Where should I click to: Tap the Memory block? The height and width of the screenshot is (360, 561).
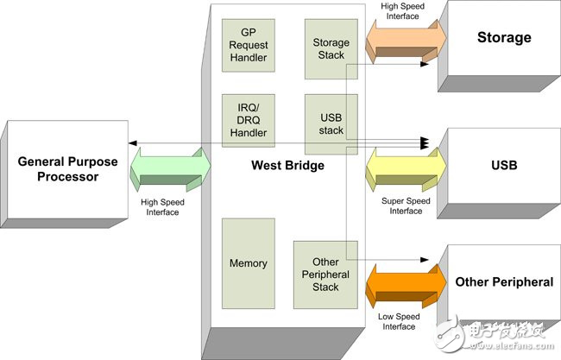pos(249,262)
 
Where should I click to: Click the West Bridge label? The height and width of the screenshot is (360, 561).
pos(288,165)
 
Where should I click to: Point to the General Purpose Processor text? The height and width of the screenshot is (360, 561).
pos(58,168)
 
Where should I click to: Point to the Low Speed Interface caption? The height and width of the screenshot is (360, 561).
pos(398,322)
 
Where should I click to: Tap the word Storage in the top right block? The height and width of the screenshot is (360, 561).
pos(504,38)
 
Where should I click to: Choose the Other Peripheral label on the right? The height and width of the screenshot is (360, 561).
pos(503,281)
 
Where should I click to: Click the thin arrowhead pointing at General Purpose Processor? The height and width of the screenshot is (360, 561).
pos(132,143)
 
